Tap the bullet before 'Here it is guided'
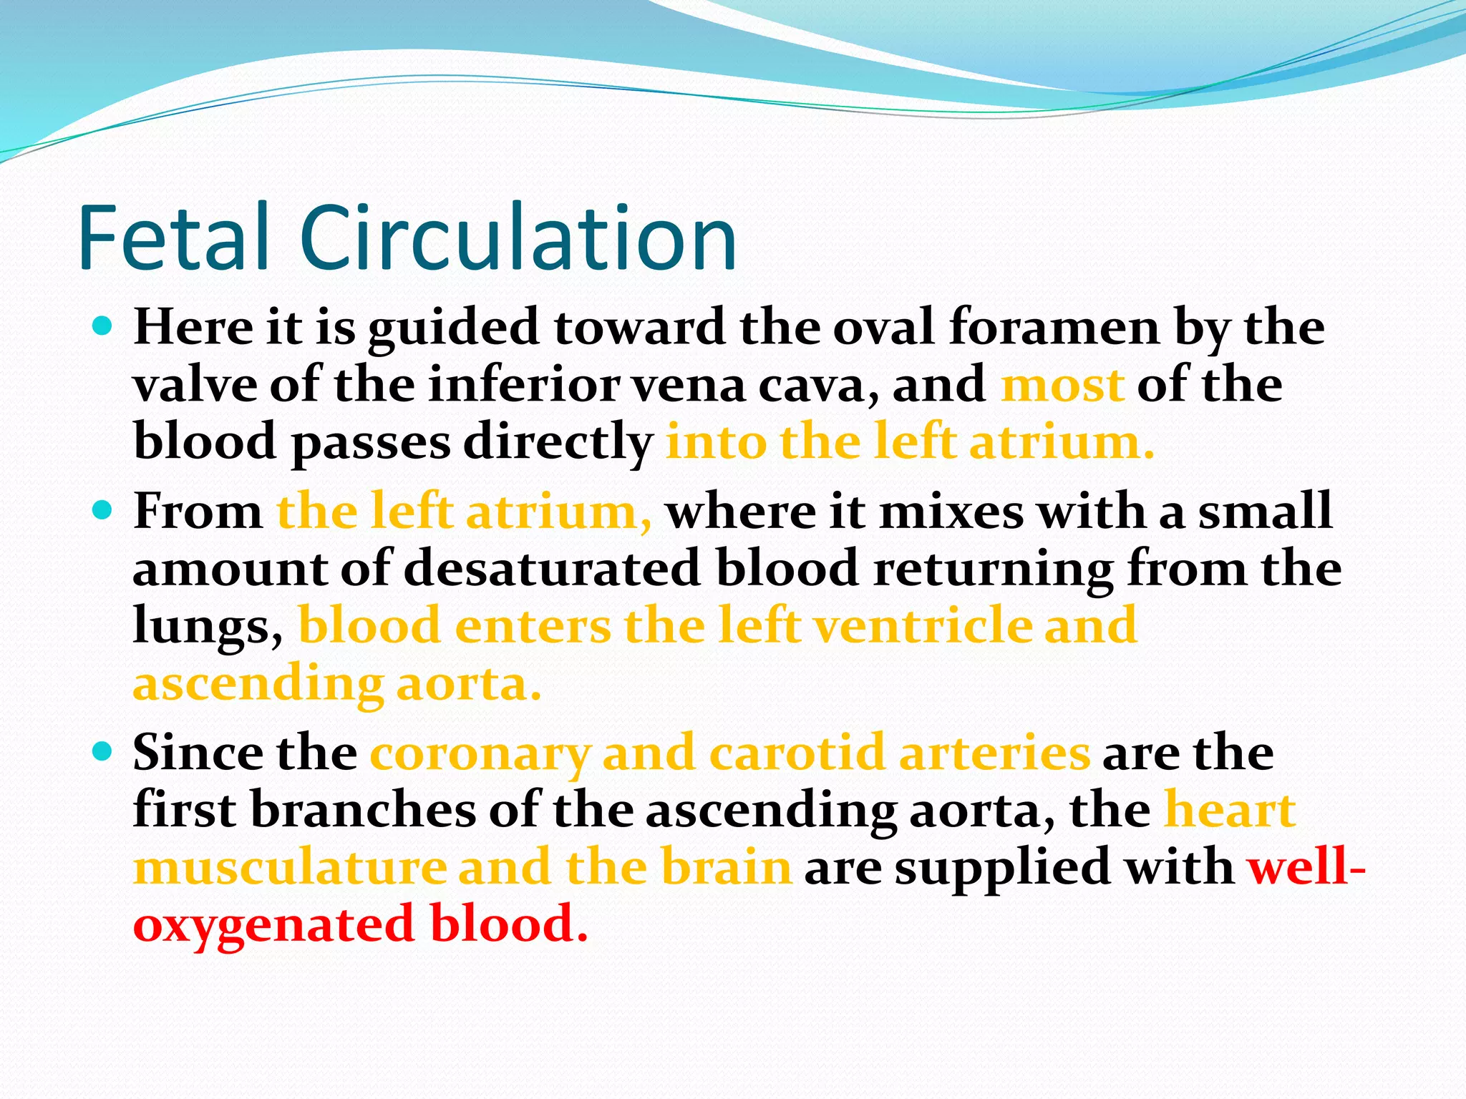tap(104, 327)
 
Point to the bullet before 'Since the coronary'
tap(104, 751)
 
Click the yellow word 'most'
tap(1062, 385)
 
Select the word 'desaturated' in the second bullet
tap(552, 569)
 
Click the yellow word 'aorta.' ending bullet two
tap(469, 684)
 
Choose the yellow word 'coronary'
tap(480, 754)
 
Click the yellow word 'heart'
tap(1230, 810)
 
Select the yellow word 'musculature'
tap(290, 867)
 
